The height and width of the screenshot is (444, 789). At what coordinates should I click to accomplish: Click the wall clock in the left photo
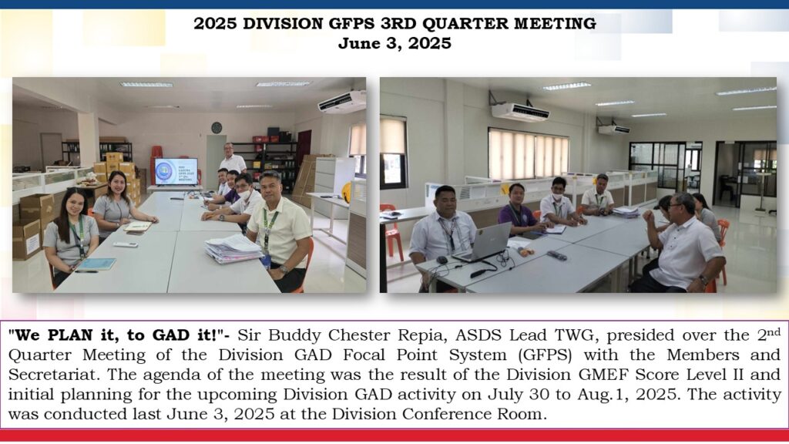tap(217, 128)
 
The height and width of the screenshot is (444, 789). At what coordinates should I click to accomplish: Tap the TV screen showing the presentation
tap(176, 172)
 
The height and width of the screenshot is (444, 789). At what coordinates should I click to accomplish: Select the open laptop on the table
tap(483, 243)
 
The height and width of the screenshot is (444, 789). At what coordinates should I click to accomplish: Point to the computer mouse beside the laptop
tap(442, 261)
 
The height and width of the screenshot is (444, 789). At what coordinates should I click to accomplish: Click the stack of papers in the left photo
tap(233, 249)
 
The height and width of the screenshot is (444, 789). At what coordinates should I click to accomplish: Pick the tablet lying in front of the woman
tap(96, 264)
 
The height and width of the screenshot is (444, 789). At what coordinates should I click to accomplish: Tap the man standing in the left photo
tap(233, 159)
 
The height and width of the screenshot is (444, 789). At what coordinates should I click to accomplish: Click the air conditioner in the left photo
tap(342, 102)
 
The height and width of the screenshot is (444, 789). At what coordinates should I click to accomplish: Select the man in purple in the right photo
tap(519, 210)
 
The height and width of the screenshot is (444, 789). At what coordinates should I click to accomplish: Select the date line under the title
tap(394, 43)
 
